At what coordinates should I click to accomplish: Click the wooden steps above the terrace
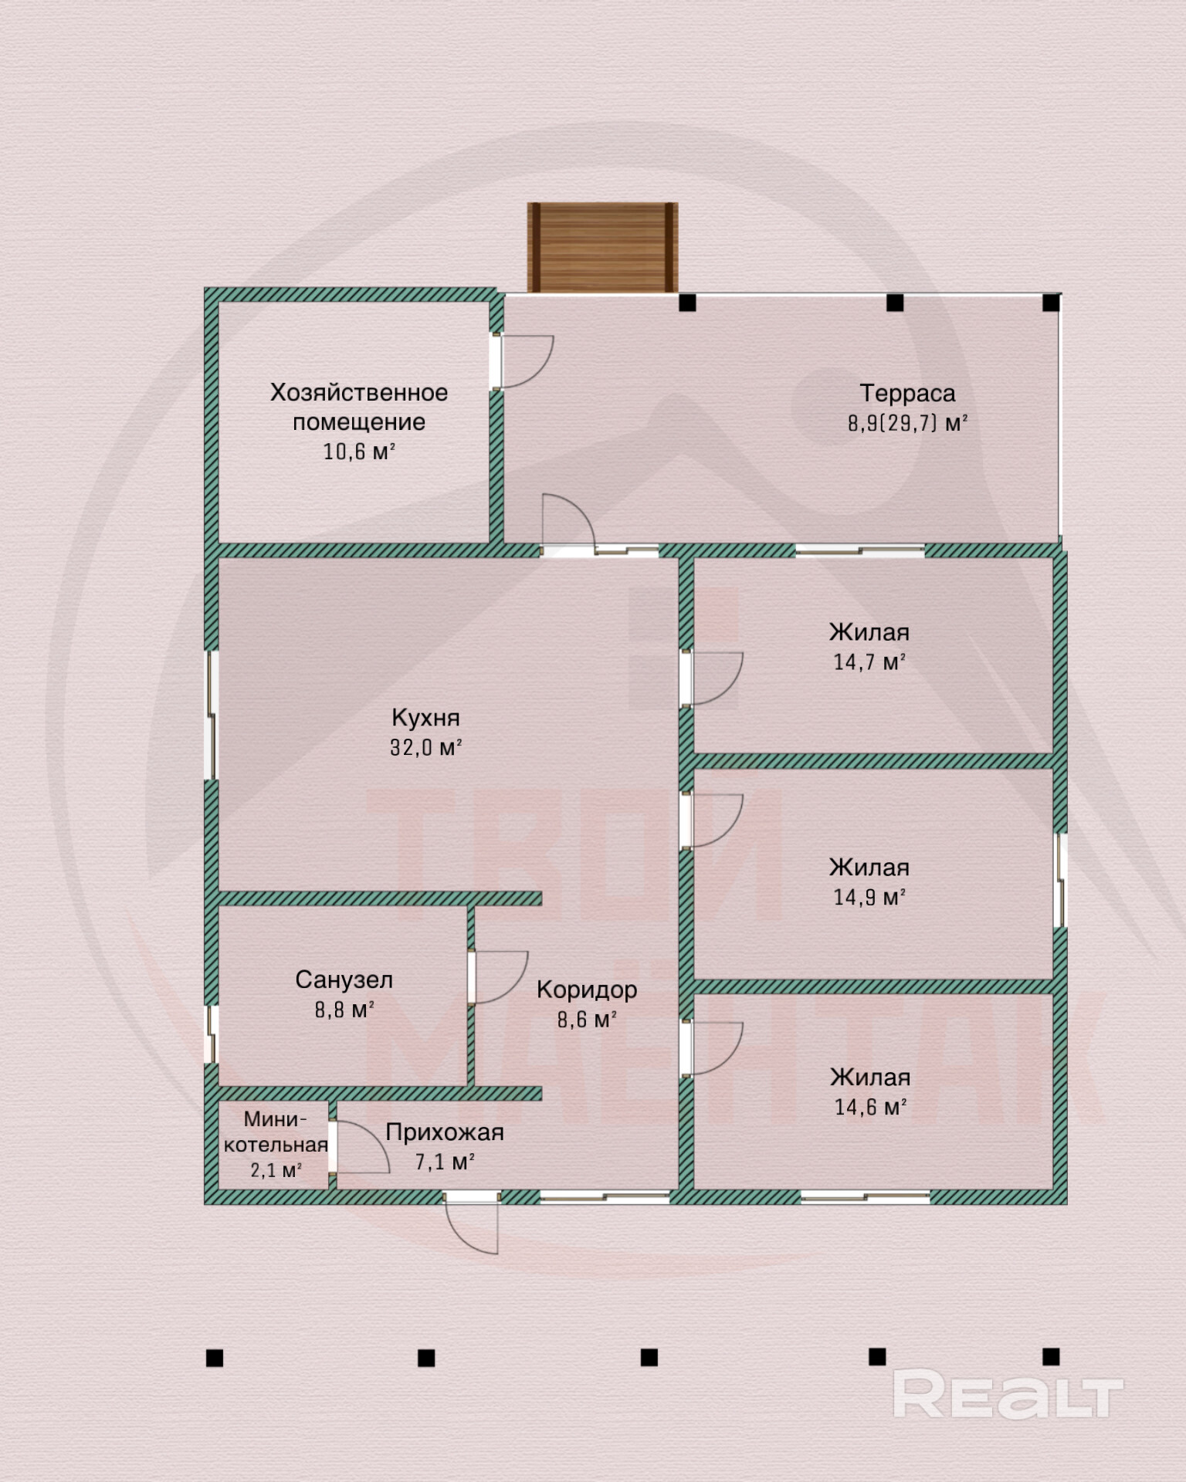pos(602,247)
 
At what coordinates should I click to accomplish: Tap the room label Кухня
pos(425,718)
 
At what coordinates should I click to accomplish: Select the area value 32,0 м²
pos(425,747)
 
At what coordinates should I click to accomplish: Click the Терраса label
pos(907,394)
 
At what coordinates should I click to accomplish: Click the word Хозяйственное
pos(359,393)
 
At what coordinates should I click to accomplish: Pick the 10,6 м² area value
pos(359,452)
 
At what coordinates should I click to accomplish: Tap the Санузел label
pos(344,980)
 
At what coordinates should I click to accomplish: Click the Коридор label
pos(587,990)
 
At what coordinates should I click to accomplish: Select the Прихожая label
pos(444,1132)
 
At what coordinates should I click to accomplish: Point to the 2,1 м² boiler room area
pos(276,1170)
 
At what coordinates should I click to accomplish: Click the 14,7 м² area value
pos(869,661)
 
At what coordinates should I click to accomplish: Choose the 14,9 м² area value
pos(869,897)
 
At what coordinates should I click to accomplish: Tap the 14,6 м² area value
pos(870,1107)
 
